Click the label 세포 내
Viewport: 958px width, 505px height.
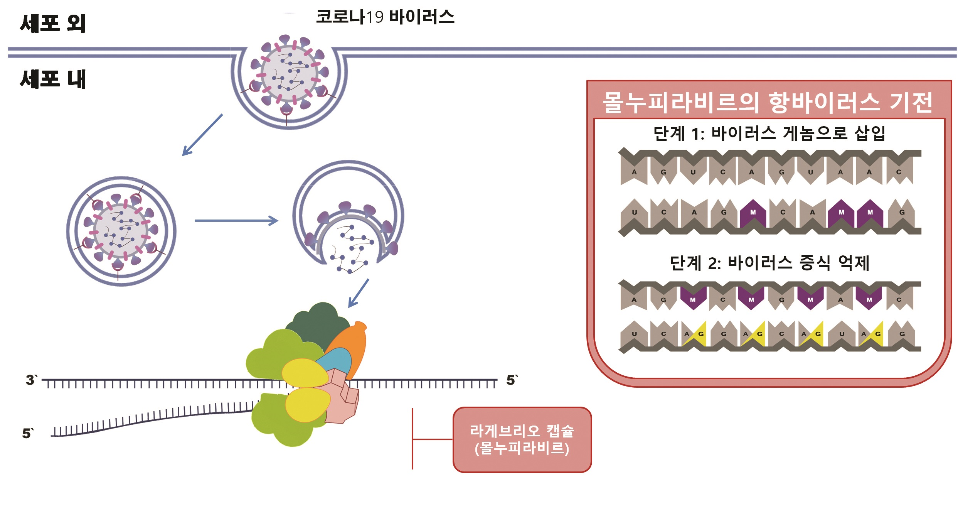[53, 79]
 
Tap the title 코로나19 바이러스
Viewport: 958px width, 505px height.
[385, 17]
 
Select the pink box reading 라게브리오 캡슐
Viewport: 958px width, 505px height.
[522, 439]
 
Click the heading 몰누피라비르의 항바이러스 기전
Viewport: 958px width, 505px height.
[768, 103]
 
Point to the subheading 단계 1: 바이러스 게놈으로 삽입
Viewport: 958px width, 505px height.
[769, 133]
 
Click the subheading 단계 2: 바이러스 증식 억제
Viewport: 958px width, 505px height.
[769, 263]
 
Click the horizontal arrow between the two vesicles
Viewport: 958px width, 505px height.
[236, 221]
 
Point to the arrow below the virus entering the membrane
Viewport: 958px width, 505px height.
[202, 135]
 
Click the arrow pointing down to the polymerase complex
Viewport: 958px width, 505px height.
[359, 293]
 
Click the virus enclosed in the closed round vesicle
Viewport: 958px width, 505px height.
[121, 231]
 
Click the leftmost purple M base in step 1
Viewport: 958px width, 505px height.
[753, 213]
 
